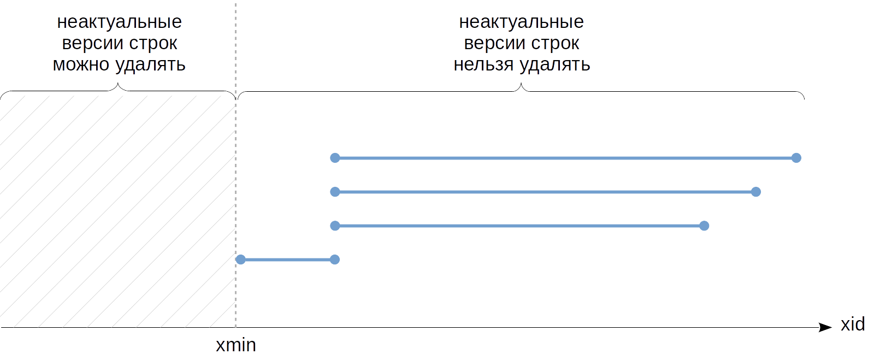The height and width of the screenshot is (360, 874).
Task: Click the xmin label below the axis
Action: tap(235, 345)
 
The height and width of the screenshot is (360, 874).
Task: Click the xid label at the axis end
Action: tap(852, 324)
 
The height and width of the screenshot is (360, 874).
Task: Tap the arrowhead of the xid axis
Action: tap(825, 327)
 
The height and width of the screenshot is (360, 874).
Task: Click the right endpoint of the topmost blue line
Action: tap(796, 158)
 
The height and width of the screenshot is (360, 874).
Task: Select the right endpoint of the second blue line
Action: tap(755, 192)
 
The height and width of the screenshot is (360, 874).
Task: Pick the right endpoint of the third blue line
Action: tap(704, 226)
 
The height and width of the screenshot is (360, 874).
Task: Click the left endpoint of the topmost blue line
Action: tap(335, 158)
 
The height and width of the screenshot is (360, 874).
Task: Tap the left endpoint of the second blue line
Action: tap(335, 192)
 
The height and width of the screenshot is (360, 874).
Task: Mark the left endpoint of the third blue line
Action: tap(335, 226)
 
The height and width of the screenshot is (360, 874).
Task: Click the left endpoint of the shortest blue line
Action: tap(240, 259)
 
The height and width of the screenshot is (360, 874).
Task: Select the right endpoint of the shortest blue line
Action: tap(335, 259)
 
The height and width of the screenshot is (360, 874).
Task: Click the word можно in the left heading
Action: tap(81, 64)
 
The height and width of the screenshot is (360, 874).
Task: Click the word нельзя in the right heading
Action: tap(483, 64)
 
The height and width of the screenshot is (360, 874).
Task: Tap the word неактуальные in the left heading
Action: tap(119, 22)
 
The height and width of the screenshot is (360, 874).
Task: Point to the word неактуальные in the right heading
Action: tap(521, 22)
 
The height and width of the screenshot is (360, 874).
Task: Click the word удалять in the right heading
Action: tap(554, 64)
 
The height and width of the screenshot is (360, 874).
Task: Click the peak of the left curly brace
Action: tap(119, 85)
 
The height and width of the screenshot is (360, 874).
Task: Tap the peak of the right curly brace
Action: tap(521, 85)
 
